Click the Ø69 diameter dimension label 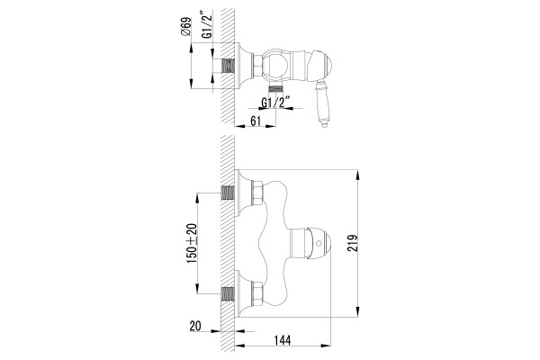(185, 26)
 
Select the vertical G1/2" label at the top (208, 24)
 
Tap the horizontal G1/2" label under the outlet (275, 103)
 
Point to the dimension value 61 (256, 121)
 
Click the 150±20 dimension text (192, 244)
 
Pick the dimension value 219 (352, 243)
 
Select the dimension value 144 (283, 340)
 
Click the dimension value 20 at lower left (195, 326)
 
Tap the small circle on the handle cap (319, 244)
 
